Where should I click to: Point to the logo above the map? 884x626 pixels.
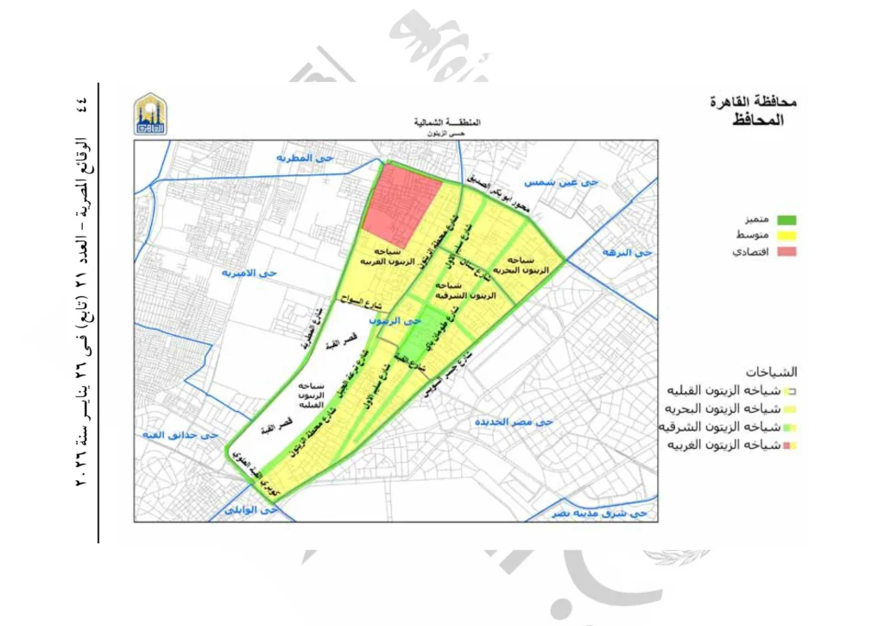151,114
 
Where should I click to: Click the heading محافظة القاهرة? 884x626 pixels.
752,101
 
